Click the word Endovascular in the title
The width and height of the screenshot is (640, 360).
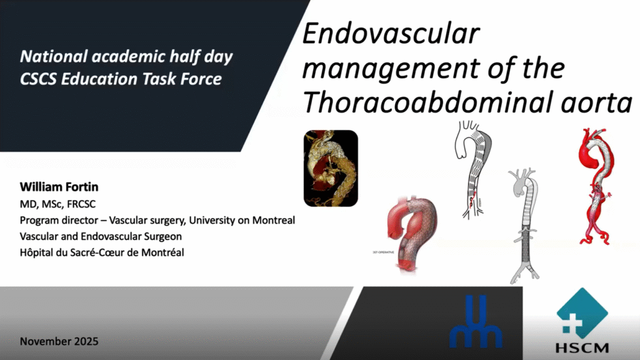click(x=391, y=34)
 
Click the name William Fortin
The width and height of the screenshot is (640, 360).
click(x=59, y=187)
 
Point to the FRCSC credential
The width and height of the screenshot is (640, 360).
click(x=81, y=204)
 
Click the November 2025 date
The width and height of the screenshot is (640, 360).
click(x=59, y=341)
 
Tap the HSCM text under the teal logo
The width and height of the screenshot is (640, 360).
click(x=582, y=348)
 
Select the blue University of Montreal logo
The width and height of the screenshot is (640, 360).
click(x=476, y=322)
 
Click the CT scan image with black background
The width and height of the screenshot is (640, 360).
click(x=331, y=168)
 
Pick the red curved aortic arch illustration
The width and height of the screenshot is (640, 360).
click(x=412, y=232)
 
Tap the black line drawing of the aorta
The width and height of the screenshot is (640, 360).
click(x=474, y=169)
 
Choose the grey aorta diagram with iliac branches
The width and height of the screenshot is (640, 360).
click(x=524, y=225)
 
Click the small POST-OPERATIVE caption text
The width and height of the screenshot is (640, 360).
click(x=383, y=252)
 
